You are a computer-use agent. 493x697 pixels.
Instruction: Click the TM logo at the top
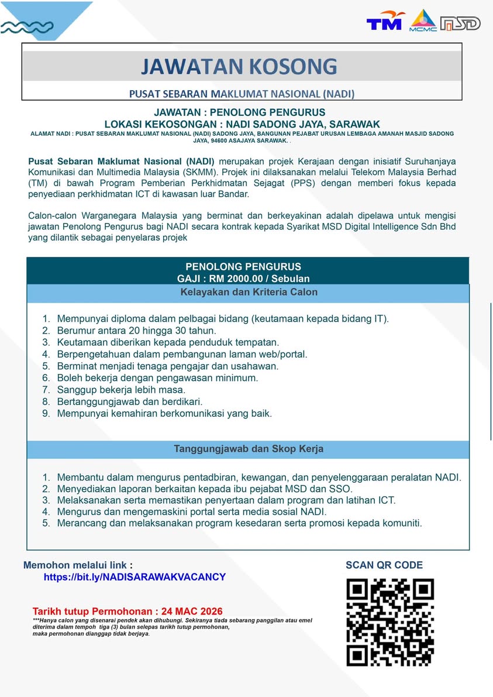point(385,21)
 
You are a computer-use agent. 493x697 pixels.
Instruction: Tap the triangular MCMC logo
point(423,20)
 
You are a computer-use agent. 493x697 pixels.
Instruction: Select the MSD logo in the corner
point(461,23)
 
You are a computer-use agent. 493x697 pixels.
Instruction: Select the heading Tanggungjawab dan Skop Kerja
point(248,449)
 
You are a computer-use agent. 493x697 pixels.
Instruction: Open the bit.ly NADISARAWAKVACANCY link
point(135,577)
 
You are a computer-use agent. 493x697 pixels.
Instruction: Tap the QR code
point(390,622)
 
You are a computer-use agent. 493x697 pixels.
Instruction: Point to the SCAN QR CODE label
point(384,565)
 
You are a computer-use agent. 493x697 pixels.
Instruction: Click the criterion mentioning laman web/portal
point(182,354)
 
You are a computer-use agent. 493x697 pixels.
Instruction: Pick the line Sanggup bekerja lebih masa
point(121,389)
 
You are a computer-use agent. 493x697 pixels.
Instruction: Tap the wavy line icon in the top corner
point(27,27)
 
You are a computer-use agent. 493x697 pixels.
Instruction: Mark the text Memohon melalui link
point(78,565)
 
